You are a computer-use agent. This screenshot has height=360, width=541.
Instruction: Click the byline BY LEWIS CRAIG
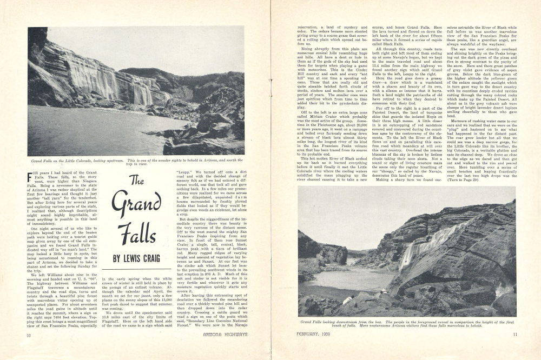tap(136, 258)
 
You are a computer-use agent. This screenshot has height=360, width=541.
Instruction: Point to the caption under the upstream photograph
tap(136, 163)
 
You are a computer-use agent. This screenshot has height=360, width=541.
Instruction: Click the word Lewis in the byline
tap(136, 258)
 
